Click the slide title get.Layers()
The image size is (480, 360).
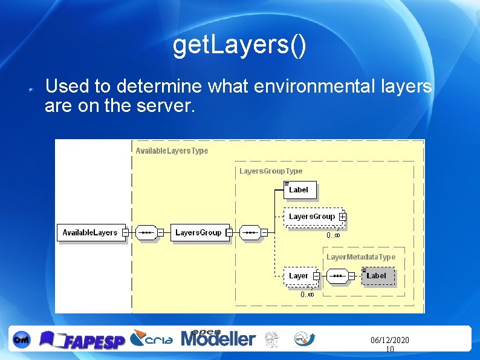pos(239,46)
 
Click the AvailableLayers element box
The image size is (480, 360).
pos(90,232)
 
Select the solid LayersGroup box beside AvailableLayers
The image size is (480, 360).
pos(198,232)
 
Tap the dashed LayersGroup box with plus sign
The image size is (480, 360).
pos(312,216)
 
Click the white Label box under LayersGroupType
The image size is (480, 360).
pos(300,190)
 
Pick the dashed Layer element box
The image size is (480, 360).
pos(300,276)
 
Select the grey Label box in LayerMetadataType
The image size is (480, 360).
pos(377,276)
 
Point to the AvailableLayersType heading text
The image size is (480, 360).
pos(172,151)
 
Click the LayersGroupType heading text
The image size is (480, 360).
pos(271,171)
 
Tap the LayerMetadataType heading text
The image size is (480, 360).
pos(361,257)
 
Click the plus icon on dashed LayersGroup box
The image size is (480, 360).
pos(343,216)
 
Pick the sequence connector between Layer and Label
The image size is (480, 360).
pos(338,277)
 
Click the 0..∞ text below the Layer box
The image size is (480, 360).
pos(307,295)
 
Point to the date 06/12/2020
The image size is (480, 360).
pos(389,341)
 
